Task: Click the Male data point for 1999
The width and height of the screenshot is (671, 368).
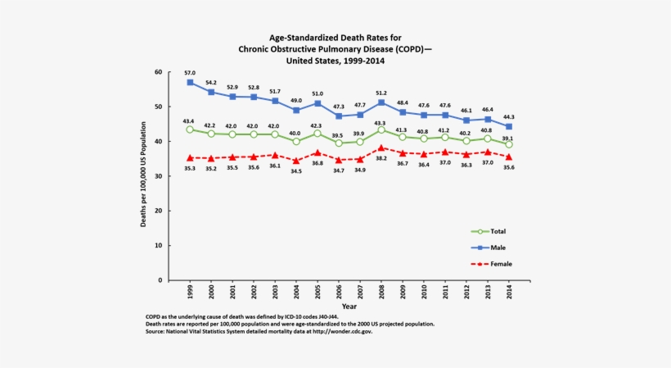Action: [190, 83]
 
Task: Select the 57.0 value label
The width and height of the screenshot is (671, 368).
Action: [190, 72]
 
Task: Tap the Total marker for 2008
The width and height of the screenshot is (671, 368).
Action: [381, 130]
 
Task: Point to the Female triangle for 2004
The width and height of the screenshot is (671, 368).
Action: [296, 161]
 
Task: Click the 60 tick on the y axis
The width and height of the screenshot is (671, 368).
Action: [159, 72]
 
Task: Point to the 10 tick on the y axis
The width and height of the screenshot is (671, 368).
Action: [159, 246]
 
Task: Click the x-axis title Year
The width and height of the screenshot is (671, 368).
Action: [349, 307]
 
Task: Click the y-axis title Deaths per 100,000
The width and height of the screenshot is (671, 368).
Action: [143, 176]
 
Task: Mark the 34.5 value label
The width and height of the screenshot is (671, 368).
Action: [296, 171]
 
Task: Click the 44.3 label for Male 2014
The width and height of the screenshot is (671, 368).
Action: [509, 116]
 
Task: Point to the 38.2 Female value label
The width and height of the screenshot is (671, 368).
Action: [381, 158]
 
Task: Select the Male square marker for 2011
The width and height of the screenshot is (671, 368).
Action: [445, 116]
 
